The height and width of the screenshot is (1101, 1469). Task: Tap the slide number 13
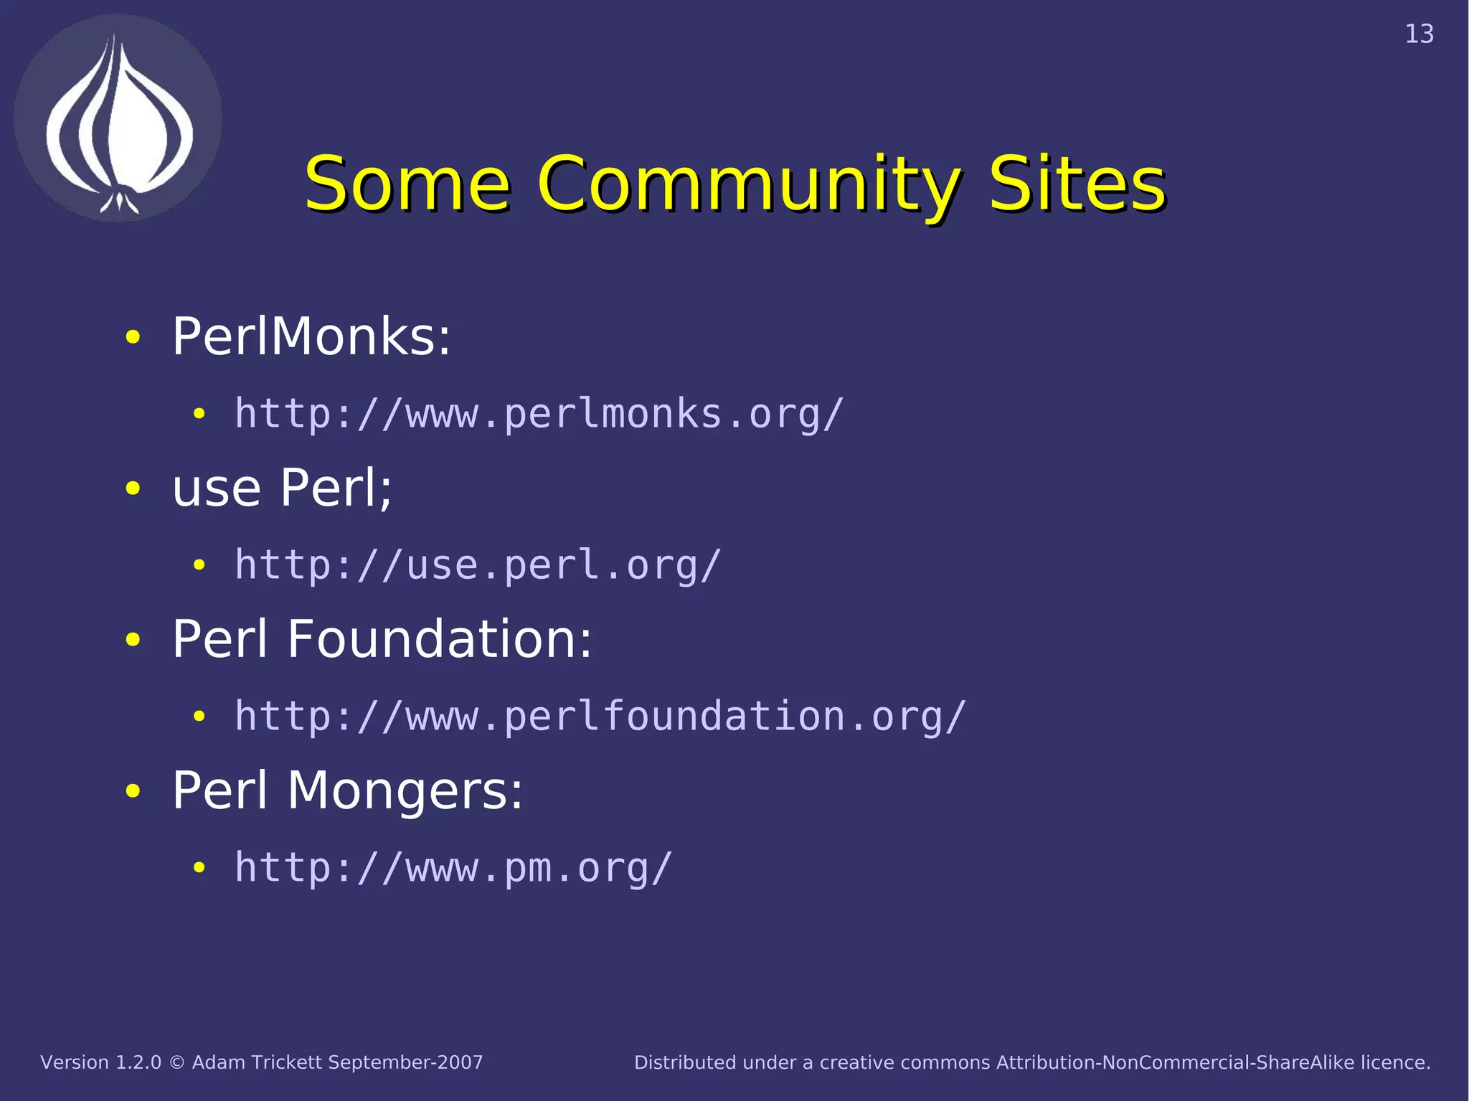click(x=1419, y=34)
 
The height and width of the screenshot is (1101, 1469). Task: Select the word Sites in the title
click(x=1077, y=185)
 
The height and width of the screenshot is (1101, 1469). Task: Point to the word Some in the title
click(x=407, y=185)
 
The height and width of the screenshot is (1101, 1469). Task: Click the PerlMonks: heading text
click(x=311, y=336)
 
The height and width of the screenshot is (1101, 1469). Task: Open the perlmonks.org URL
click(x=539, y=415)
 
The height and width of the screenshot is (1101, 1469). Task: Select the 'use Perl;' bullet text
click(x=282, y=488)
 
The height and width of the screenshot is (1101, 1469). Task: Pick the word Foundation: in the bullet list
click(x=440, y=639)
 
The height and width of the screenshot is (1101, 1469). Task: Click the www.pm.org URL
click(x=453, y=869)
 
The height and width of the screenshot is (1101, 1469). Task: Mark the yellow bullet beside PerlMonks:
click(x=133, y=337)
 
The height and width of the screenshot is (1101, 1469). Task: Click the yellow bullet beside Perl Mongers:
click(x=133, y=791)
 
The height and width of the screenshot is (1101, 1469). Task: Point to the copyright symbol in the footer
click(x=176, y=1063)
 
